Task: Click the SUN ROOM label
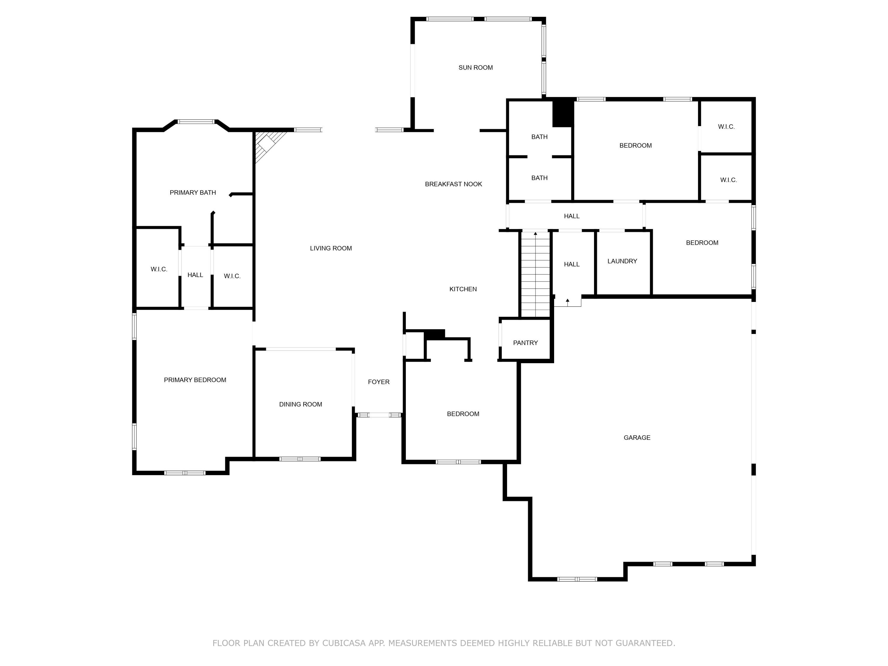pyautogui.click(x=475, y=67)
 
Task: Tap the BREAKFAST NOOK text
pyautogui.click(x=453, y=184)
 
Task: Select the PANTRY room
pyautogui.click(x=525, y=342)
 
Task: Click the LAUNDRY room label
pyautogui.click(x=622, y=261)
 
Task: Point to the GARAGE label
pyautogui.click(x=637, y=437)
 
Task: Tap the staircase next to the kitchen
pyautogui.click(x=535, y=275)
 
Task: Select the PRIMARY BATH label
pyautogui.click(x=193, y=192)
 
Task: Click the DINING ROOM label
pyautogui.click(x=300, y=404)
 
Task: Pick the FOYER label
pyautogui.click(x=379, y=382)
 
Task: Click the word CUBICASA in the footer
pyautogui.click(x=344, y=643)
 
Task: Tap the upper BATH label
pyautogui.click(x=539, y=137)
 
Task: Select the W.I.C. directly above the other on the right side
pyautogui.click(x=726, y=126)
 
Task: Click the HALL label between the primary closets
pyautogui.click(x=195, y=275)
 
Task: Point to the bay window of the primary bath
pyautogui.click(x=196, y=121)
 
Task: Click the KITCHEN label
pyautogui.click(x=463, y=289)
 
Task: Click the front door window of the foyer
pyautogui.click(x=379, y=415)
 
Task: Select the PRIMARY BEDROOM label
pyautogui.click(x=195, y=380)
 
